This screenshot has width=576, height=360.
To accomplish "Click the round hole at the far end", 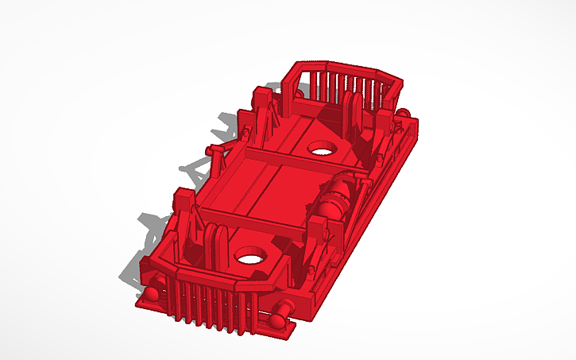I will (x=322, y=148).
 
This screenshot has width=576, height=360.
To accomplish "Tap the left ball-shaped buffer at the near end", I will (x=150, y=296).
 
